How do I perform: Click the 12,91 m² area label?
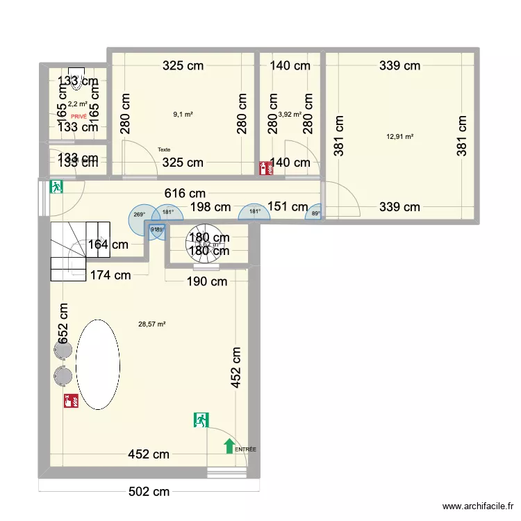pos(399,136)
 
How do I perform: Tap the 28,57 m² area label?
pos(152,324)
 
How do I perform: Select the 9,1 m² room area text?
pos(183,115)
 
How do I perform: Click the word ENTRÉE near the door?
pos(245,449)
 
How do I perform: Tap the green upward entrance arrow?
pos(229,446)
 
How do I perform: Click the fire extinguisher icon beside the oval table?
pos(70,400)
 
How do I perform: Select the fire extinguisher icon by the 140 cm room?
pos(265,168)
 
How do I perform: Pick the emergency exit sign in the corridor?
pos(57,186)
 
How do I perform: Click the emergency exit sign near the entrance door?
pos(201,419)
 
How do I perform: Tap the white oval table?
pos(98,364)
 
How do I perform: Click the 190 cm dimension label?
pos(206,281)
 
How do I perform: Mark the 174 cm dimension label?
pos(110,275)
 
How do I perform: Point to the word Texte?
pos(164,149)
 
